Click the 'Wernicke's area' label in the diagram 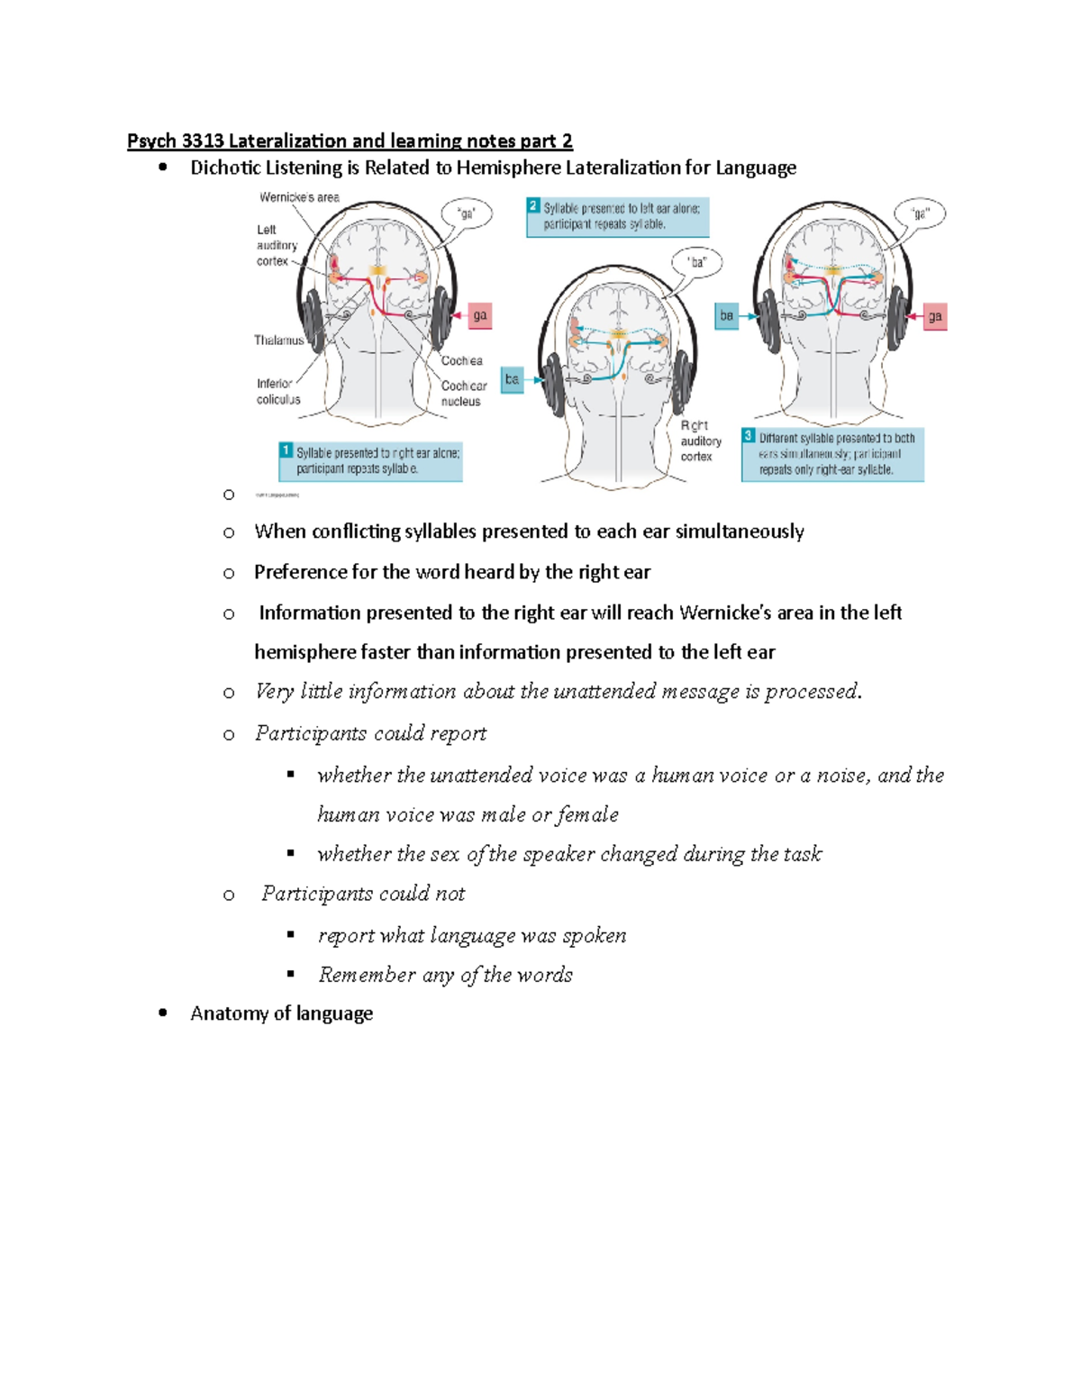click(299, 197)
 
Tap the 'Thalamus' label click(278, 341)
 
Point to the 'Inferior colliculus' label click(278, 392)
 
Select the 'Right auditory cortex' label click(700, 441)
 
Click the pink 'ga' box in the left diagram click(480, 315)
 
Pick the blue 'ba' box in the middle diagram click(512, 379)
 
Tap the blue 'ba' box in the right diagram click(726, 316)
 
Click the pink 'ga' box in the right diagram click(935, 316)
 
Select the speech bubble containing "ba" click(697, 263)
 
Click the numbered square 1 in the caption click(286, 450)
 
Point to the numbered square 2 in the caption click(533, 205)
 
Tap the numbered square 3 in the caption click(749, 436)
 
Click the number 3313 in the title click(203, 141)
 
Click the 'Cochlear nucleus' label click(463, 394)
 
